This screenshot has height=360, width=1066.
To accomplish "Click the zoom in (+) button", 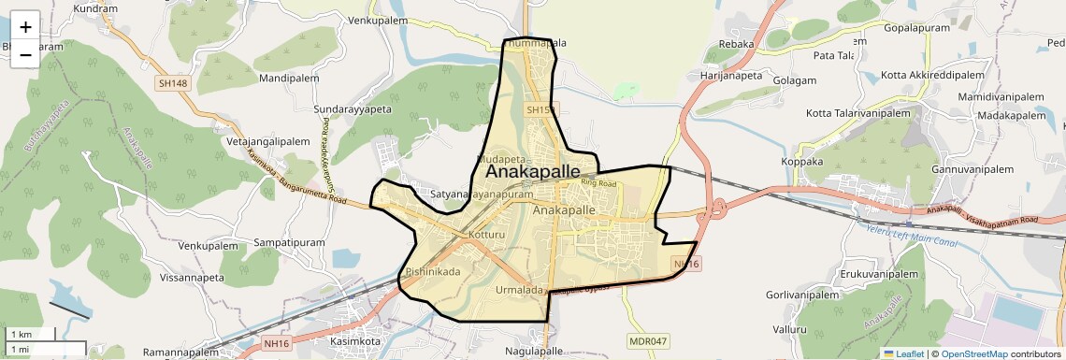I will [25, 27].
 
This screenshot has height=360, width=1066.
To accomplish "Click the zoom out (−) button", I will [25, 54].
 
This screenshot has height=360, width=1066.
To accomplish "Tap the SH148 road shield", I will [173, 83].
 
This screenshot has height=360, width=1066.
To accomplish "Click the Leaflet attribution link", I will [903, 353].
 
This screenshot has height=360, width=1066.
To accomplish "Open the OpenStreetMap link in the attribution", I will [973, 353].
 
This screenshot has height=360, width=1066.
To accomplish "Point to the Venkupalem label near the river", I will [379, 20].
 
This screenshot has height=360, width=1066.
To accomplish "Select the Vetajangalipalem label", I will [268, 141].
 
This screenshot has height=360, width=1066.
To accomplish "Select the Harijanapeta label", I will [732, 74].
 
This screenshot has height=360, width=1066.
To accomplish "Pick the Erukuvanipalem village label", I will [879, 274].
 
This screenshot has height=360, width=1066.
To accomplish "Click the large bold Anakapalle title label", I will [532, 173].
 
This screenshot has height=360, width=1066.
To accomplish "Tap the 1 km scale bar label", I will [21, 334].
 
